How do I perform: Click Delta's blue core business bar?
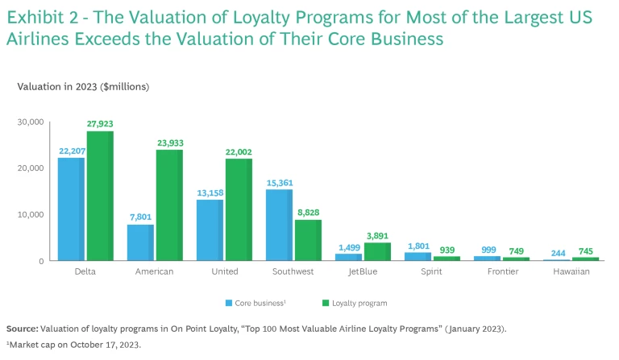70,209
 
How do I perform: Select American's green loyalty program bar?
169,205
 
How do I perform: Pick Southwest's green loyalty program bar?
308,240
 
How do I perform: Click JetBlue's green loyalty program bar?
377,251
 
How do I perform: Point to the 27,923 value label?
100,124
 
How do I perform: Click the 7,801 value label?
140,217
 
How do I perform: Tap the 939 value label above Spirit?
447,250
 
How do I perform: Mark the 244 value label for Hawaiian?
555,251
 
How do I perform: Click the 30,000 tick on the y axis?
30,122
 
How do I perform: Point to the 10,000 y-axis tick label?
30,214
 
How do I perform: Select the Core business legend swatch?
228,304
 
